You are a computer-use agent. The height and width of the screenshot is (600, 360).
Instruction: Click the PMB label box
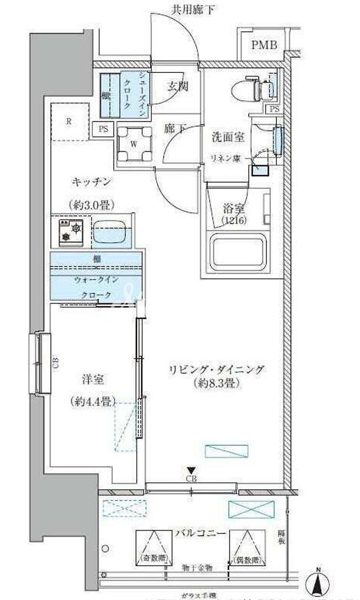pos(265,45)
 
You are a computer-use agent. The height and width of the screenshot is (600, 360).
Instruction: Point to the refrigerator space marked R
pos(69,121)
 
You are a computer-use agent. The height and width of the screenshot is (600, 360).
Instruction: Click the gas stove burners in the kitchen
pos(71,230)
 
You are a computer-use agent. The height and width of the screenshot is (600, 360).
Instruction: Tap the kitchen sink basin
pos(112,233)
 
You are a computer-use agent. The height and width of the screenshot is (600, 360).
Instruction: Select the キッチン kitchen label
pos(92,182)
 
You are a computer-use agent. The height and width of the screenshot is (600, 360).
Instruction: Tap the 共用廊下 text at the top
pos(186,9)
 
